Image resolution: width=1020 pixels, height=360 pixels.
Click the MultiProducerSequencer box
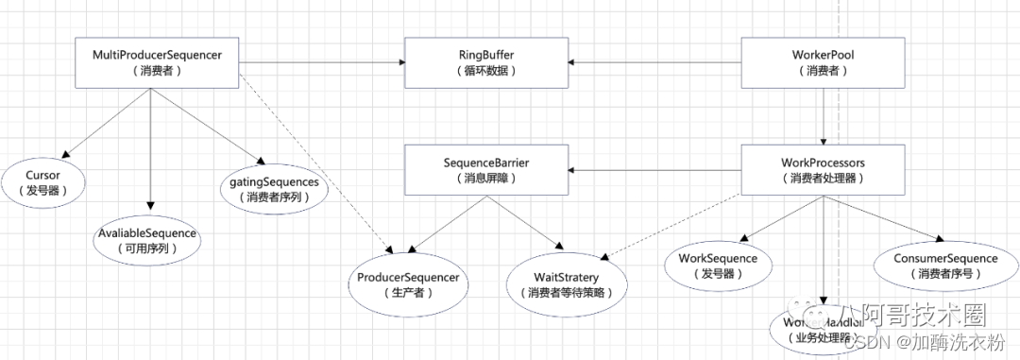[x=157, y=63]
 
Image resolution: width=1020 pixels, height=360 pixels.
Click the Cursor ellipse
[x=43, y=183]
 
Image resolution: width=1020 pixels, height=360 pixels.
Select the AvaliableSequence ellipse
[x=149, y=240]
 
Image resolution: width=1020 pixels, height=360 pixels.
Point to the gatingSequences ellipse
[x=274, y=189]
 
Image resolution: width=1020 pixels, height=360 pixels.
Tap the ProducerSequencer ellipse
[x=408, y=285]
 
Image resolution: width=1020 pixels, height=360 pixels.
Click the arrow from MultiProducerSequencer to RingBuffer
[x=321, y=63]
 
